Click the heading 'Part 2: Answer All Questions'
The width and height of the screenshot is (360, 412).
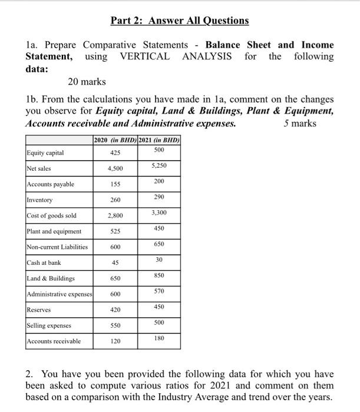click(x=180, y=21)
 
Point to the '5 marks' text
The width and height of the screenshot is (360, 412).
click(x=299, y=123)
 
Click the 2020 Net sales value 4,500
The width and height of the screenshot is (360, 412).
click(x=115, y=169)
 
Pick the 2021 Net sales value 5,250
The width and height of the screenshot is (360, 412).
click(x=158, y=165)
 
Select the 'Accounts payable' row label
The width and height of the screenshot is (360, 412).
click(x=51, y=184)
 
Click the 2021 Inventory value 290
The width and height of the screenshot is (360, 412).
click(x=158, y=197)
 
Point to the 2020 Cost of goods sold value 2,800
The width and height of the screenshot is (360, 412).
click(x=115, y=216)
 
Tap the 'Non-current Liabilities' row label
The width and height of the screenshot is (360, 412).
click(x=58, y=247)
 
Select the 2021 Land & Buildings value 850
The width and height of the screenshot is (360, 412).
click(x=158, y=275)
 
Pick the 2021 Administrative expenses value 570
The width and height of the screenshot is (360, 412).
click(x=158, y=291)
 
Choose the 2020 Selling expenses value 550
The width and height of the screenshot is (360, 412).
click(x=115, y=325)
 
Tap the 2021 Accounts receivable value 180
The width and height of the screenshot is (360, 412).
click(x=158, y=338)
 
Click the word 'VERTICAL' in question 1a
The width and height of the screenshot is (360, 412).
click(x=145, y=57)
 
